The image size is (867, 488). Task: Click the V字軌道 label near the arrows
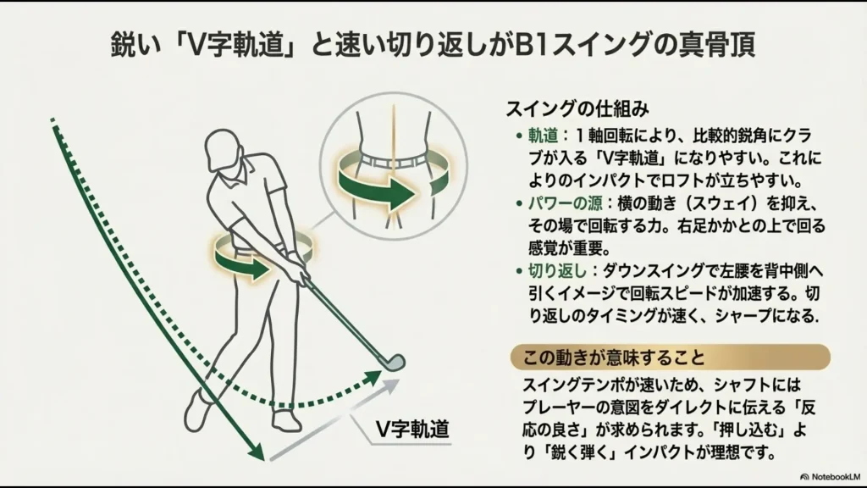[414, 429]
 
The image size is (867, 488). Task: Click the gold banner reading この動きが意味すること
[669, 356]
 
